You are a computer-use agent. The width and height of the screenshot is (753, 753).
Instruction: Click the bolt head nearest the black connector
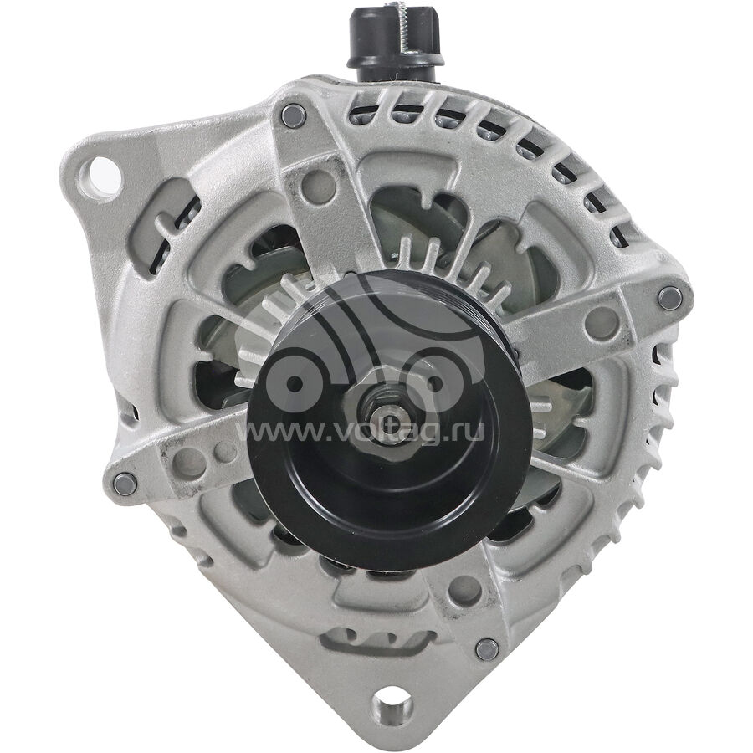pyautogui.click(x=294, y=115)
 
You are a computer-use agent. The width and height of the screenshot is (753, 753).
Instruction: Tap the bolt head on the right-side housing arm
pyautogui.click(x=669, y=298)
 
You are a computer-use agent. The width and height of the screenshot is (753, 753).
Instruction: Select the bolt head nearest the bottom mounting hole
pyautogui.click(x=488, y=650)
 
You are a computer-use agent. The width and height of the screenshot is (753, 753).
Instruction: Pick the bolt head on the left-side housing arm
pyautogui.click(x=125, y=484)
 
